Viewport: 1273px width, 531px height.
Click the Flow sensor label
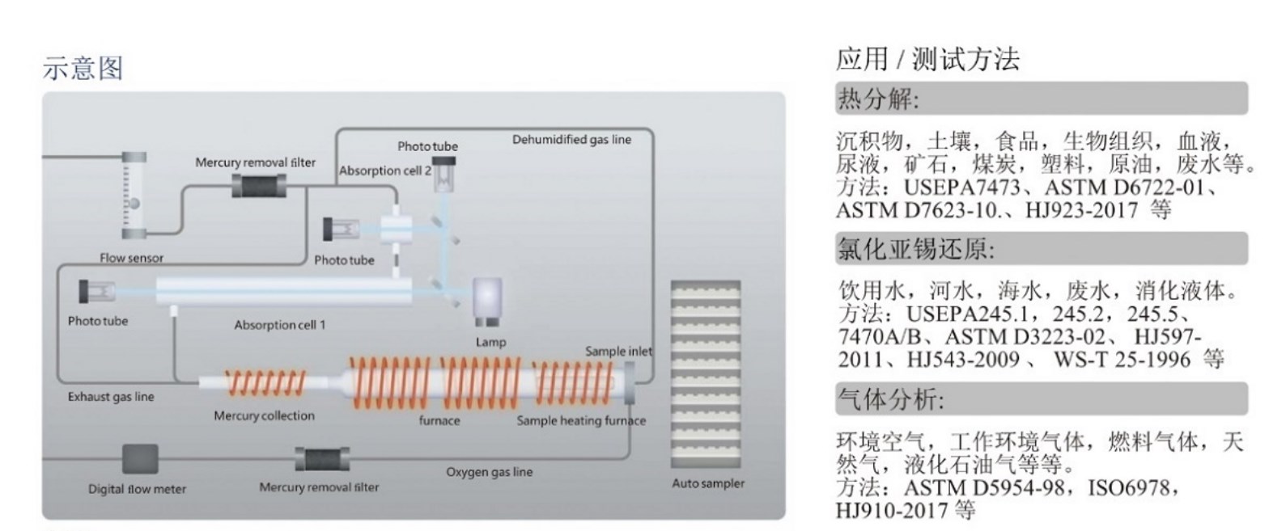131,258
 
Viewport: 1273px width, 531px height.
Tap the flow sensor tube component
133,196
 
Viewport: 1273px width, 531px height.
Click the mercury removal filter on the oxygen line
322,460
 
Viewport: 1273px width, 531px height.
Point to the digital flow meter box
139,459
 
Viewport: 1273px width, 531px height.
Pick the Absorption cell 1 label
279,325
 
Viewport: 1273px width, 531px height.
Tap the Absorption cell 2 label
384,171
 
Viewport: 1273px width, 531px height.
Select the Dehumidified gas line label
571,140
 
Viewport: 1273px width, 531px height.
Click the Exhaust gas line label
111,397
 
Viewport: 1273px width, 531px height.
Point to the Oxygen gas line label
489,472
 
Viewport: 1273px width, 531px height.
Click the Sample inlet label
618,351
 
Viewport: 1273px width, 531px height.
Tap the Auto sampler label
708,483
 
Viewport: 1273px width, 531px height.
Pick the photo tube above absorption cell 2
443,174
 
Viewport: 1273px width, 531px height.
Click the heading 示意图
83,68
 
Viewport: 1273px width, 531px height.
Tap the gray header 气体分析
889,398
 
